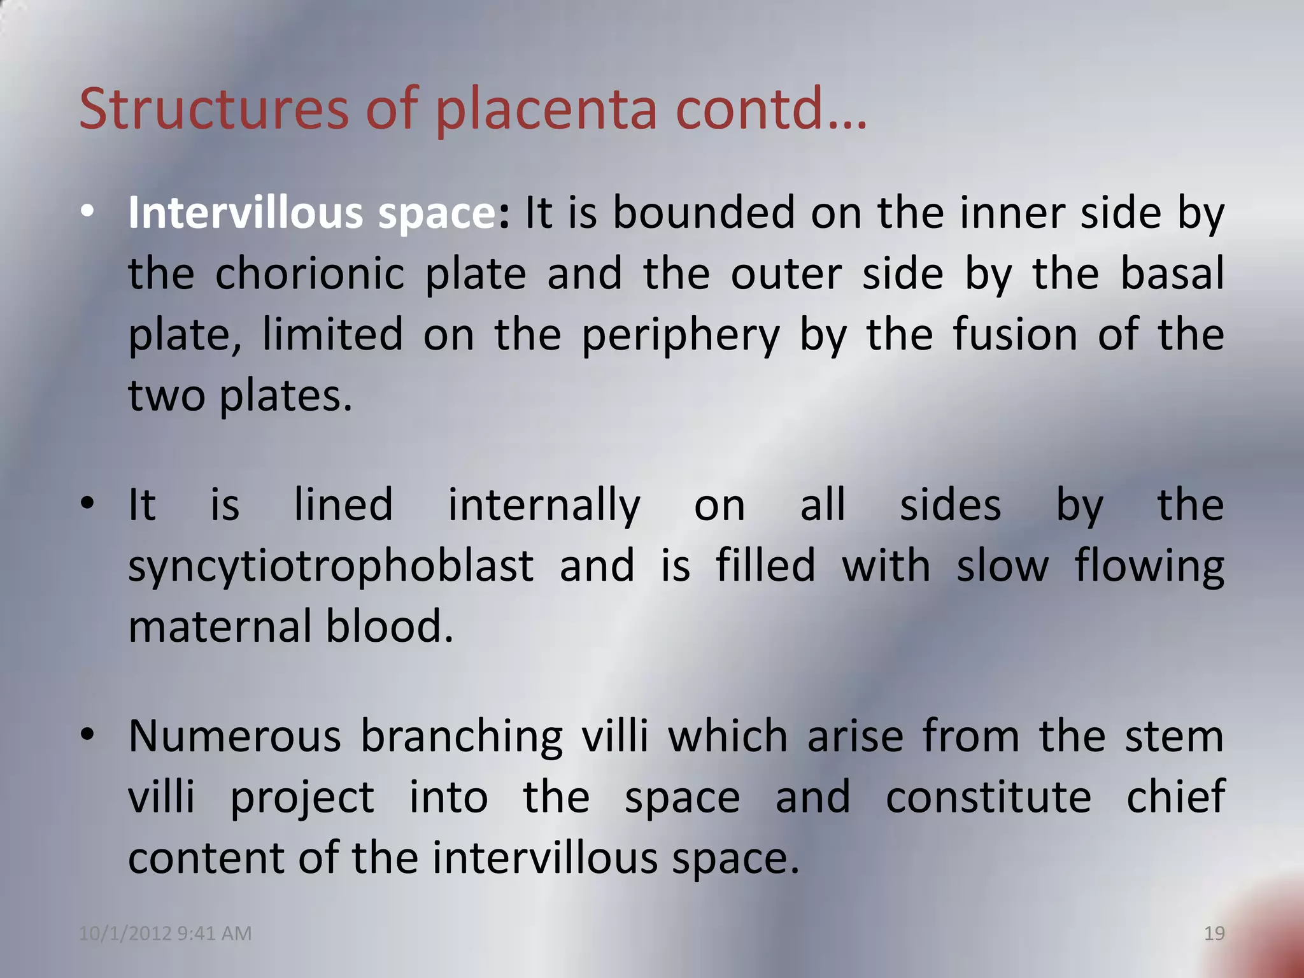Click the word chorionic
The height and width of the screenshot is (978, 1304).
(x=309, y=274)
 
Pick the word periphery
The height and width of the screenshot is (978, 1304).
(x=681, y=336)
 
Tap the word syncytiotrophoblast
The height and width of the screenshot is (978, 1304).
(x=330, y=566)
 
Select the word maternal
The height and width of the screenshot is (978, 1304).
(x=219, y=626)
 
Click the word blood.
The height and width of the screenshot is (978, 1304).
(x=389, y=626)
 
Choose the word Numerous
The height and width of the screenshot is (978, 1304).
(x=235, y=736)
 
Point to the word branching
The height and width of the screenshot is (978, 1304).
(x=462, y=737)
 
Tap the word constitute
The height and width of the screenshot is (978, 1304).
(x=988, y=797)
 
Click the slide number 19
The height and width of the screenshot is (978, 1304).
(x=1214, y=933)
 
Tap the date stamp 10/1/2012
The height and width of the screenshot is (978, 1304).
(x=125, y=933)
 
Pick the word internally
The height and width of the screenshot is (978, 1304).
(x=544, y=506)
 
